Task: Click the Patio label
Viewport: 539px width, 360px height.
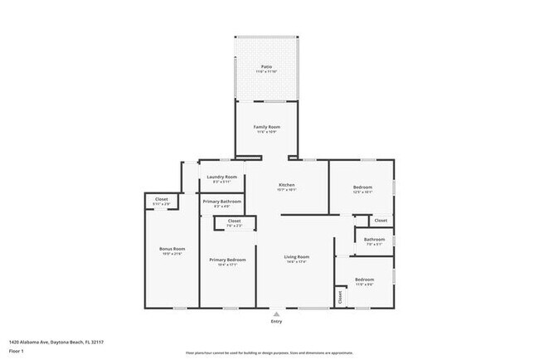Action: (x=266, y=66)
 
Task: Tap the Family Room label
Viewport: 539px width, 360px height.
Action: (x=265, y=126)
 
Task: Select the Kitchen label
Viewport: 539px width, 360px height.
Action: (x=286, y=184)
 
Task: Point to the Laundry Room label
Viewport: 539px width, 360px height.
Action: (x=221, y=177)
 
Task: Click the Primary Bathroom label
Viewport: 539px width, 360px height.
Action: (x=222, y=202)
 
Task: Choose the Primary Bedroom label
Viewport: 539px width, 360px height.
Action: (x=224, y=260)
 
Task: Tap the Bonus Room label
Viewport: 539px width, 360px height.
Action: (x=172, y=249)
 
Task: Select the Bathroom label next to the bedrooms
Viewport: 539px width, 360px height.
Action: (x=373, y=240)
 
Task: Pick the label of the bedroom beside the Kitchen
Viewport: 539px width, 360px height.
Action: (x=362, y=187)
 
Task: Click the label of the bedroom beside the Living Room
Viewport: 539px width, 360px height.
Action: (x=365, y=280)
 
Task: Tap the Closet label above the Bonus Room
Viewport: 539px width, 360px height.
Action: (x=161, y=199)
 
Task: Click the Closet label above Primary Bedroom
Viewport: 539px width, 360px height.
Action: (x=234, y=221)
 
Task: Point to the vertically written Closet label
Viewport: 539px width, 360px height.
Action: (x=340, y=295)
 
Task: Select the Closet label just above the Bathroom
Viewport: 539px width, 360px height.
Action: (x=380, y=221)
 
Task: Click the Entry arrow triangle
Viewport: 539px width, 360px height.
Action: (x=276, y=314)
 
